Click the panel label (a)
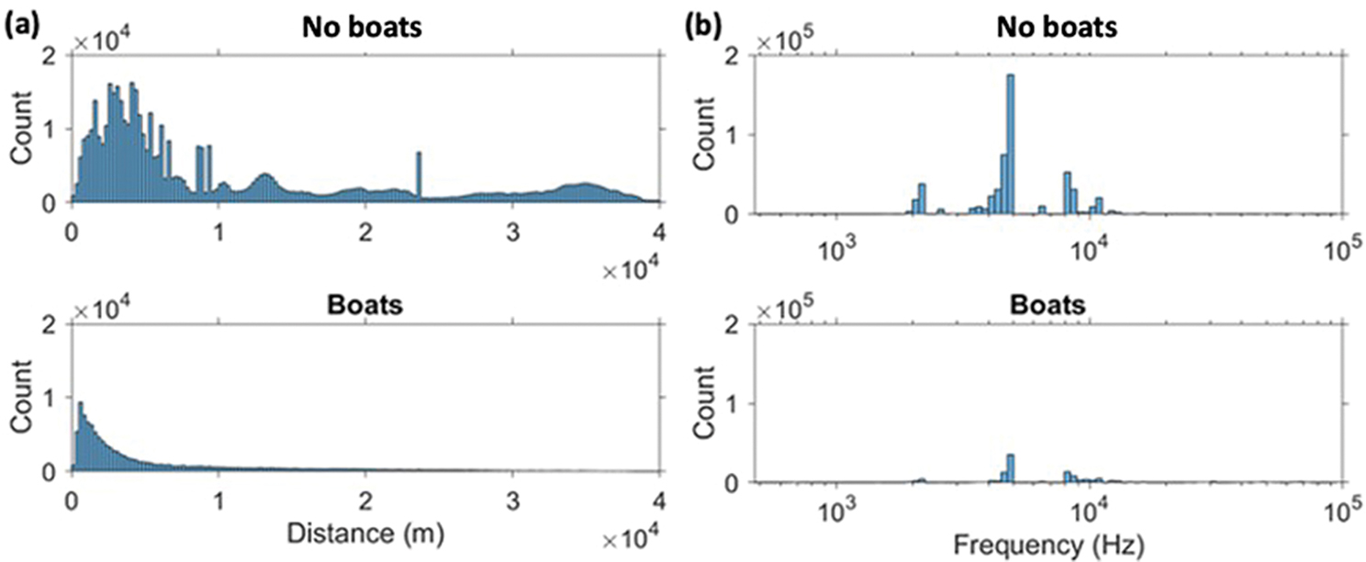[x=21, y=28]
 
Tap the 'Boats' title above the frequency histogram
[x=1048, y=303]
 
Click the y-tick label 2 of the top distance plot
[x=54, y=56]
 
